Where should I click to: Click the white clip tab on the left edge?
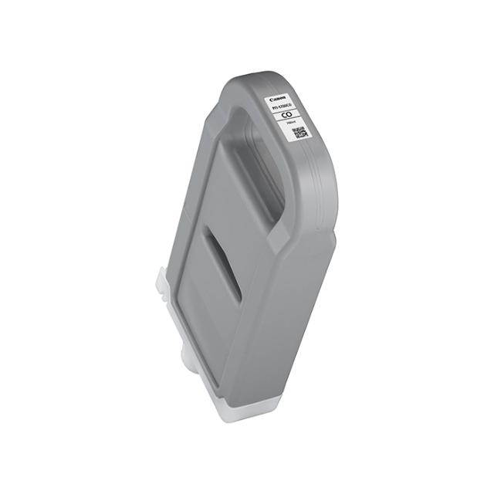pyautogui.click(x=162, y=280)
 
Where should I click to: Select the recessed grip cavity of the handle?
pyautogui.click(x=255, y=174)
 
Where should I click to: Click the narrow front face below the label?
pyautogui.click(x=309, y=232)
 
